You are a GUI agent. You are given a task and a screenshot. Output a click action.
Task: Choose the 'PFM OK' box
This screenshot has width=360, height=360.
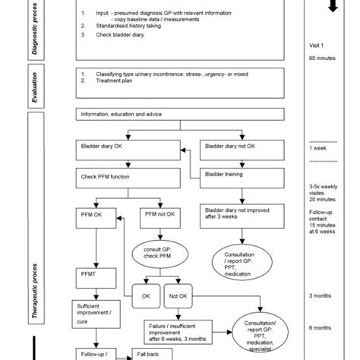[x=96, y=214]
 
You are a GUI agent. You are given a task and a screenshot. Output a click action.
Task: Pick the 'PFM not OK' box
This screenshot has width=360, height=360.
[x=159, y=214]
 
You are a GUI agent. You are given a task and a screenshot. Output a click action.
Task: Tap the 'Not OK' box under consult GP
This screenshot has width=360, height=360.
[x=179, y=295]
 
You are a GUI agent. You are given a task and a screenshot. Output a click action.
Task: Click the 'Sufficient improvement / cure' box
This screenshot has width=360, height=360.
[x=96, y=311]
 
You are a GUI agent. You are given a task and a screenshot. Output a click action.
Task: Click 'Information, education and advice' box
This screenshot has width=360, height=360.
[x=185, y=115]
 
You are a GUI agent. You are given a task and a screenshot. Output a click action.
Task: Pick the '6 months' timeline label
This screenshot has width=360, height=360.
[x=321, y=327]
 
